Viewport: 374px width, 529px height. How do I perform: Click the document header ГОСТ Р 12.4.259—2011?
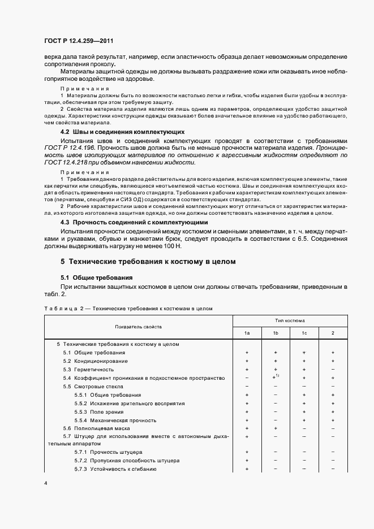[83, 42]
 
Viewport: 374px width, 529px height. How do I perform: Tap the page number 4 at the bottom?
[46, 483]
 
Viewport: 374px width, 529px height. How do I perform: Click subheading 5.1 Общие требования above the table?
[96, 277]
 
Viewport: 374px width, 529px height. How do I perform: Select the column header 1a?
[247, 333]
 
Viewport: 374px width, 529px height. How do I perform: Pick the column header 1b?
[276, 333]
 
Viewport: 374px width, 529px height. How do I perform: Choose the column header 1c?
[304, 333]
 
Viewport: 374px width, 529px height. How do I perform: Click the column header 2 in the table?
[333, 333]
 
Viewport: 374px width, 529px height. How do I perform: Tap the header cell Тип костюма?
[290, 320]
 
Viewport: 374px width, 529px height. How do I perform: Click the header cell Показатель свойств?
[139, 327]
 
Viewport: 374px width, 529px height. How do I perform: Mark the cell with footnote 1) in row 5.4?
[276, 377]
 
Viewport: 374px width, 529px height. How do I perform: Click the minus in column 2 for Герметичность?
[333, 369]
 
